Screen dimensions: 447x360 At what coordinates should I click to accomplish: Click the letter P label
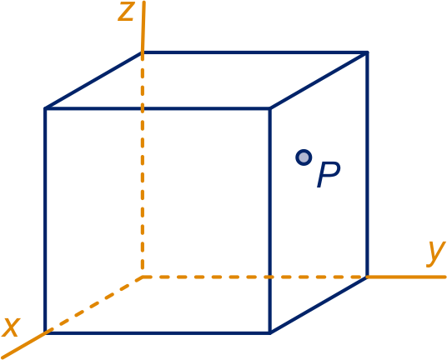[x=329, y=175]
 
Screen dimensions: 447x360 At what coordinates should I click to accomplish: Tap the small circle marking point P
[x=304, y=157]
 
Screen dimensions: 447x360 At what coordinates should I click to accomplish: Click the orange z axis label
[x=126, y=12]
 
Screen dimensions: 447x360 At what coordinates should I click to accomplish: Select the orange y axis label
[x=435, y=254]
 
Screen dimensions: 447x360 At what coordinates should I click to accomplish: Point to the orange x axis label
[x=11, y=327]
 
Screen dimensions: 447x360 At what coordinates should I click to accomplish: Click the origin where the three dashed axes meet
[x=143, y=277]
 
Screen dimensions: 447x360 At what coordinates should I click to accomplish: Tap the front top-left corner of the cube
[x=45, y=108]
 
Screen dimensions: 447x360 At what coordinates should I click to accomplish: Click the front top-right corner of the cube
[x=270, y=108]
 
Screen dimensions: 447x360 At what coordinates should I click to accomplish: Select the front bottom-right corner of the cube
[x=270, y=332]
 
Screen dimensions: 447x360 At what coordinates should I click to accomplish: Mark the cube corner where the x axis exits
[x=45, y=332]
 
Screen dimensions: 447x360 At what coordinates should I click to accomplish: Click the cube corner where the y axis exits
[x=367, y=277]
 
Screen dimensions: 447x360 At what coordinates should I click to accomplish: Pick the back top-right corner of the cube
[x=367, y=52]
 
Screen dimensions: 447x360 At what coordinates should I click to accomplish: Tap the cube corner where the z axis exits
[x=143, y=52]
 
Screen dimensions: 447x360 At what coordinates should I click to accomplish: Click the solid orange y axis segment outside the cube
[x=406, y=277]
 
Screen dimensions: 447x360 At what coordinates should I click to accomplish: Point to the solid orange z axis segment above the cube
[x=143, y=27]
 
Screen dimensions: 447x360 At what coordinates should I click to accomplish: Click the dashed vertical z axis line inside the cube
[x=143, y=165]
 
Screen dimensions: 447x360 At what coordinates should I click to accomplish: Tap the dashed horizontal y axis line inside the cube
[x=255, y=277]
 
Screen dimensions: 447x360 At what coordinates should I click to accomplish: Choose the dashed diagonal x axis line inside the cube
[x=94, y=304]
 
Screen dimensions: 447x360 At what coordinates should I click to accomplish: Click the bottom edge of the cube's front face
[x=158, y=332]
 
